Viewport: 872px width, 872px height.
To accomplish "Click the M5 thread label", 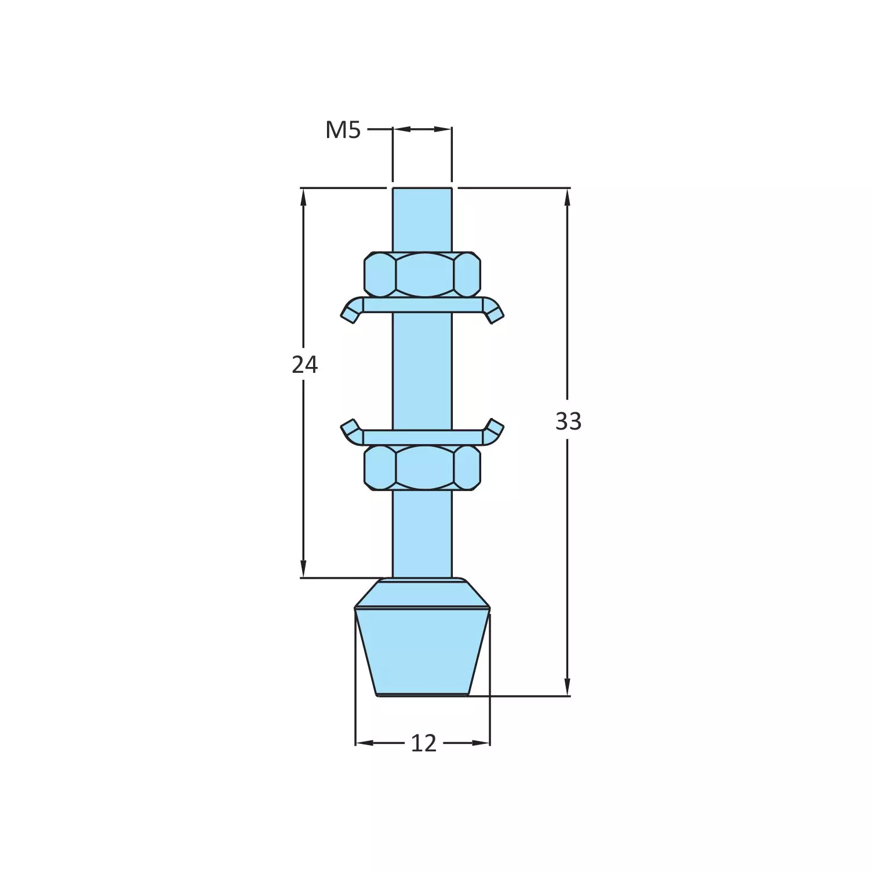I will click(x=343, y=130).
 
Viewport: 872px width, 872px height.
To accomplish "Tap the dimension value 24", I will click(x=304, y=365).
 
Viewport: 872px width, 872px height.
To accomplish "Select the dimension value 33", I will click(x=568, y=422).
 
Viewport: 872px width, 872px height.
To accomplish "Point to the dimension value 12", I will click(x=423, y=743).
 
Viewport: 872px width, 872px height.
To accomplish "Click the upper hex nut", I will click(x=422, y=274).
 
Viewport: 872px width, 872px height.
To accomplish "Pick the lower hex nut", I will click(x=422, y=467).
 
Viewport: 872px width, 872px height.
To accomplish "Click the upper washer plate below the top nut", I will click(x=422, y=305).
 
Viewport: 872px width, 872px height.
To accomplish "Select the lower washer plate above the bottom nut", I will click(x=422, y=437).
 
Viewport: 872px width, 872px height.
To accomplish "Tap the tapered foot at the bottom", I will click(x=422, y=649).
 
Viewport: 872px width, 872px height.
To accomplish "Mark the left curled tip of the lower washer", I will click(x=349, y=429).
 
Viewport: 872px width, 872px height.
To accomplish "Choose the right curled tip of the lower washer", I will click(x=495, y=429).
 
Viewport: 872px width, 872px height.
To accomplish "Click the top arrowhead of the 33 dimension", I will click(x=567, y=197).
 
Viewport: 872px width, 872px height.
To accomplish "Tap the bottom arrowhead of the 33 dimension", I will click(x=567, y=687).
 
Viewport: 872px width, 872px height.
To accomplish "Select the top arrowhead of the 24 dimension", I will click(x=303, y=197).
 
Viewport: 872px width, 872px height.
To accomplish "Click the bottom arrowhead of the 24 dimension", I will click(x=303, y=569).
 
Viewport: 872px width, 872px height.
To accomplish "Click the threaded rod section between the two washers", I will click(x=422, y=371).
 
